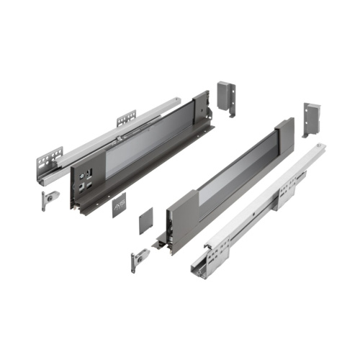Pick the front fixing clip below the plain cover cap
[x=137, y=261]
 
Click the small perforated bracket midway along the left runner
[x=126, y=117]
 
